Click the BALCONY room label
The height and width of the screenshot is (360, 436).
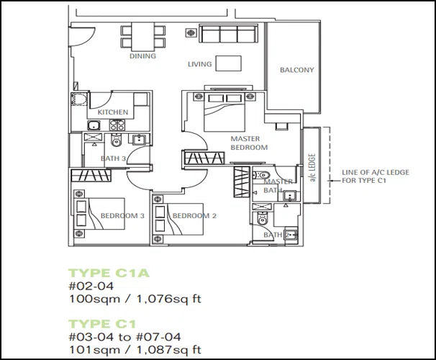(296, 70)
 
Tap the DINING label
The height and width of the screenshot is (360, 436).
(142, 56)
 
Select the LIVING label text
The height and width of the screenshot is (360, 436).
(199, 64)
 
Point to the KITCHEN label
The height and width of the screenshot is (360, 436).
(113, 112)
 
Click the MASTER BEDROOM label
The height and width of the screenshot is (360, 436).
(249, 143)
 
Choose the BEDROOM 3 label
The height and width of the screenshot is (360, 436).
(122, 215)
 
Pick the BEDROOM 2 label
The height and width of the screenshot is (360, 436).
(194, 215)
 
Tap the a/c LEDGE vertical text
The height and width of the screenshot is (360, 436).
(312, 168)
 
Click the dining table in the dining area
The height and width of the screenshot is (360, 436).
(142, 36)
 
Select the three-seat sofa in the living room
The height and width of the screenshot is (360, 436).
(228, 34)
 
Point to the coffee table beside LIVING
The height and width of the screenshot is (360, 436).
(229, 63)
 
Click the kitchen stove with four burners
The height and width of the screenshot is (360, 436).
(117, 125)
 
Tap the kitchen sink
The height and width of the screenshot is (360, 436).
(95, 125)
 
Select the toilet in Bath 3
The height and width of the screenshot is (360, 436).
(117, 140)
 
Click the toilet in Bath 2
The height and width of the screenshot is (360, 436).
(262, 218)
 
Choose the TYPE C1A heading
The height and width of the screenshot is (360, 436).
(109, 273)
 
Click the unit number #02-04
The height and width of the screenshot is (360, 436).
(91, 286)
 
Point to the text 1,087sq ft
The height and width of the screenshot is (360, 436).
(169, 350)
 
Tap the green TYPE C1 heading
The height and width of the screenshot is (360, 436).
(102, 324)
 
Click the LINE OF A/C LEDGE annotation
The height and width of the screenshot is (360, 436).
(376, 176)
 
